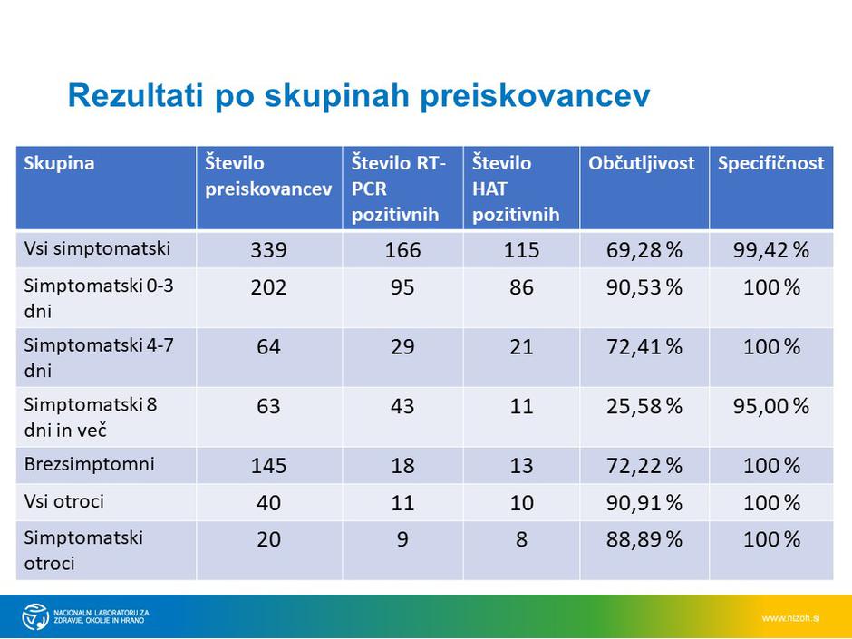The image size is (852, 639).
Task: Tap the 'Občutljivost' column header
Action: click(x=642, y=163)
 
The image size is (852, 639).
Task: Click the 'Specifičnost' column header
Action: click(x=770, y=163)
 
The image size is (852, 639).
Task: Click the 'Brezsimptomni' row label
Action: click(x=90, y=464)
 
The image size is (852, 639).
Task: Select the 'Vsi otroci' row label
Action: click(x=66, y=500)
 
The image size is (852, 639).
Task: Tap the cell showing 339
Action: click(x=269, y=250)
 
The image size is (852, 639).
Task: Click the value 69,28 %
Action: click(x=644, y=250)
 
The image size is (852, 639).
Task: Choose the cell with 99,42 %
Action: click(x=770, y=250)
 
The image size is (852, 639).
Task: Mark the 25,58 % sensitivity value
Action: click(x=644, y=406)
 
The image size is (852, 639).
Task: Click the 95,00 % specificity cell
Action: click(x=770, y=406)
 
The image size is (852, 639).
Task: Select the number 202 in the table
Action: click(x=269, y=288)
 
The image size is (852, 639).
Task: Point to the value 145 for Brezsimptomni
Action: click(x=269, y=466)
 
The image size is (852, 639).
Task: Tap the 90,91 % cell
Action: click(x=644, y=502)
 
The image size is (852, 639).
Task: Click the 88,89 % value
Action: click(x=644, y=540)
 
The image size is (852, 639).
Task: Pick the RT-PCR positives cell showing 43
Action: click(x=402, y=406)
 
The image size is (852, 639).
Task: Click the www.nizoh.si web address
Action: click(x=790, y=618)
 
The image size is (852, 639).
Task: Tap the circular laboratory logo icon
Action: click(x=35, y=616)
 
